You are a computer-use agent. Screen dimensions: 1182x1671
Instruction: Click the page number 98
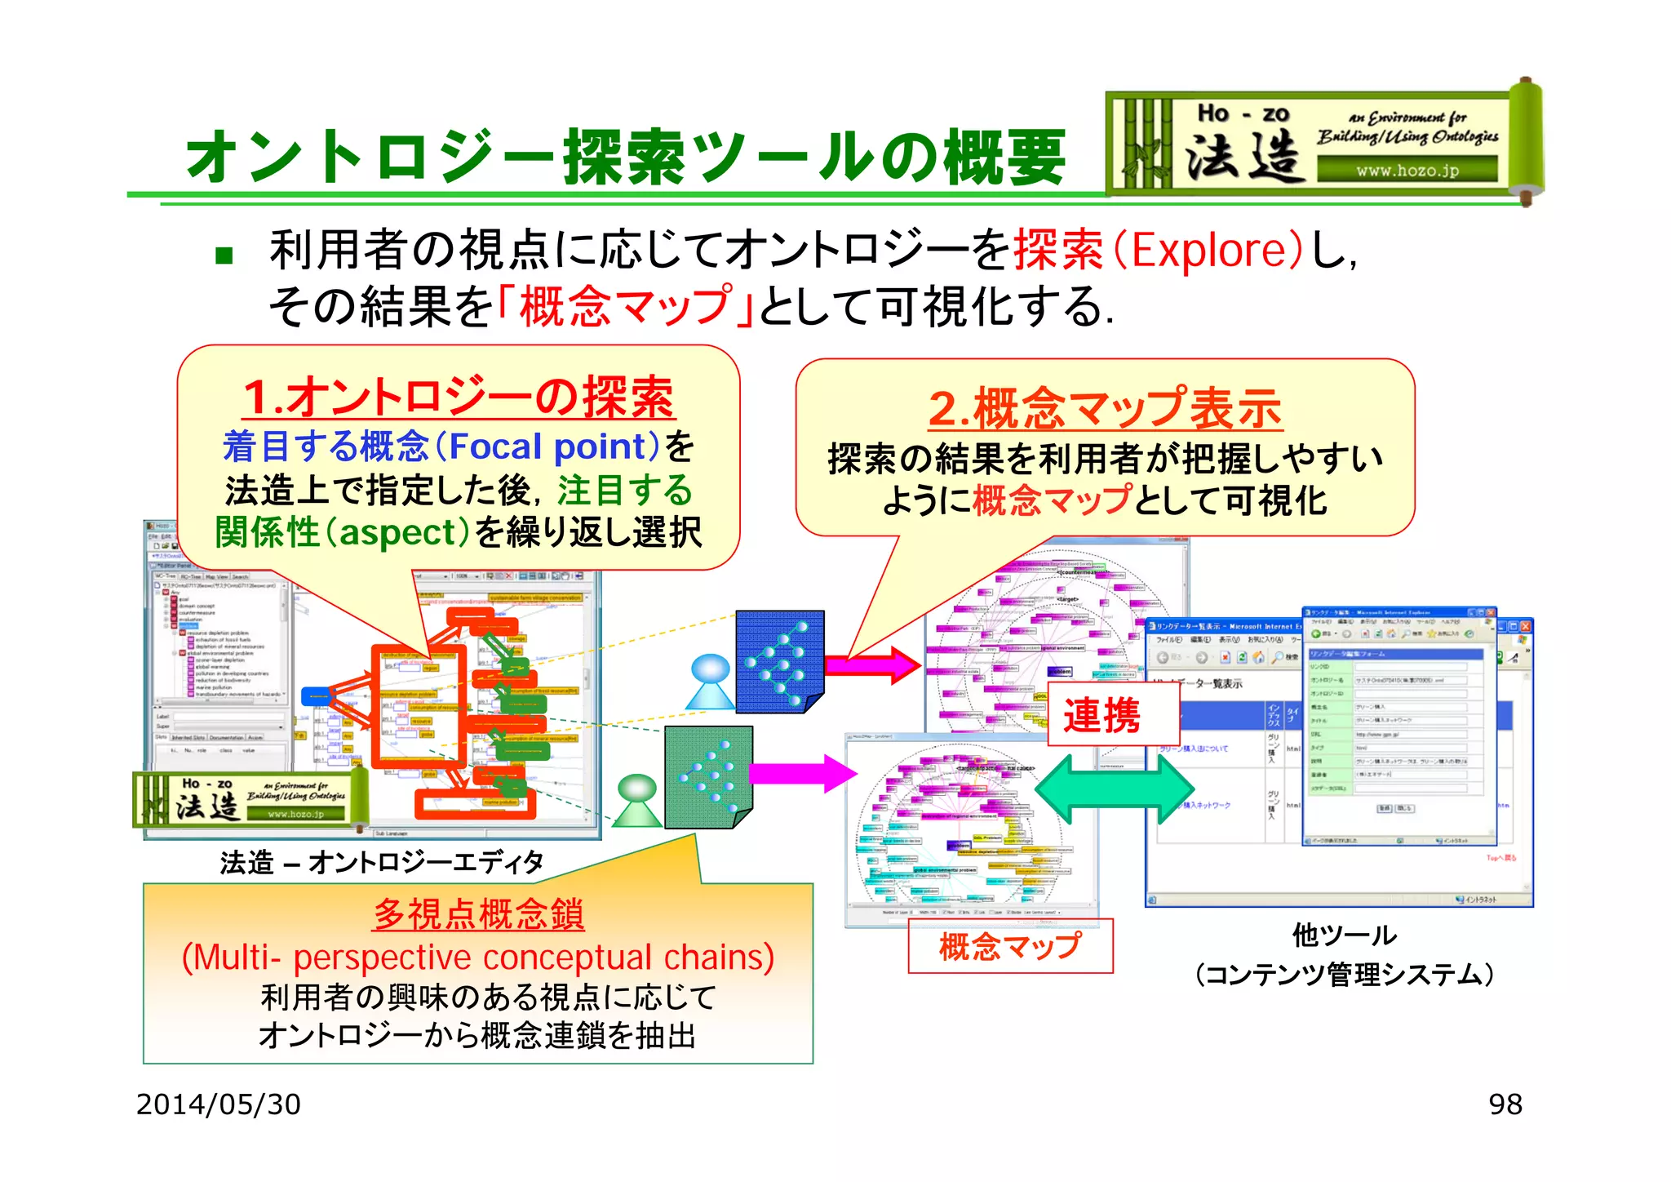click(1505, 1104)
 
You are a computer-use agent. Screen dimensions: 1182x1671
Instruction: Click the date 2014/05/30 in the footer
click(218, 1104)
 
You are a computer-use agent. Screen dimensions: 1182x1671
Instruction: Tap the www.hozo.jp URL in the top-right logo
click(1407, 171)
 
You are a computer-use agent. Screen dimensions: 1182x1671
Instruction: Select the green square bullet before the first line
click(224, 256)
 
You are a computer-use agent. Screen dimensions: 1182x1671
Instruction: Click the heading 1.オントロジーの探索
click(459, 398)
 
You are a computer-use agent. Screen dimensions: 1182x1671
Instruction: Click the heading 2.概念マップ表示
click(1105, 408)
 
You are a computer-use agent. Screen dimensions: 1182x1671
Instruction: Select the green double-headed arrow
click(1115, 789)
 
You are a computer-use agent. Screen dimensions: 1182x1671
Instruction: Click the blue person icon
click(710, 682)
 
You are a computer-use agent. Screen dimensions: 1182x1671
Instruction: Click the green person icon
click(637, 801)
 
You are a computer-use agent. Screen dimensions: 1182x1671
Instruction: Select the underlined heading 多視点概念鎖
click(478, 913)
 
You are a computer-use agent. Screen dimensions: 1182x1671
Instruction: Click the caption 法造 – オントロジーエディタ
click(381, 862)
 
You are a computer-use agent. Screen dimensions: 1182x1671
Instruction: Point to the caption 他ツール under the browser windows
click(1344, 935)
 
